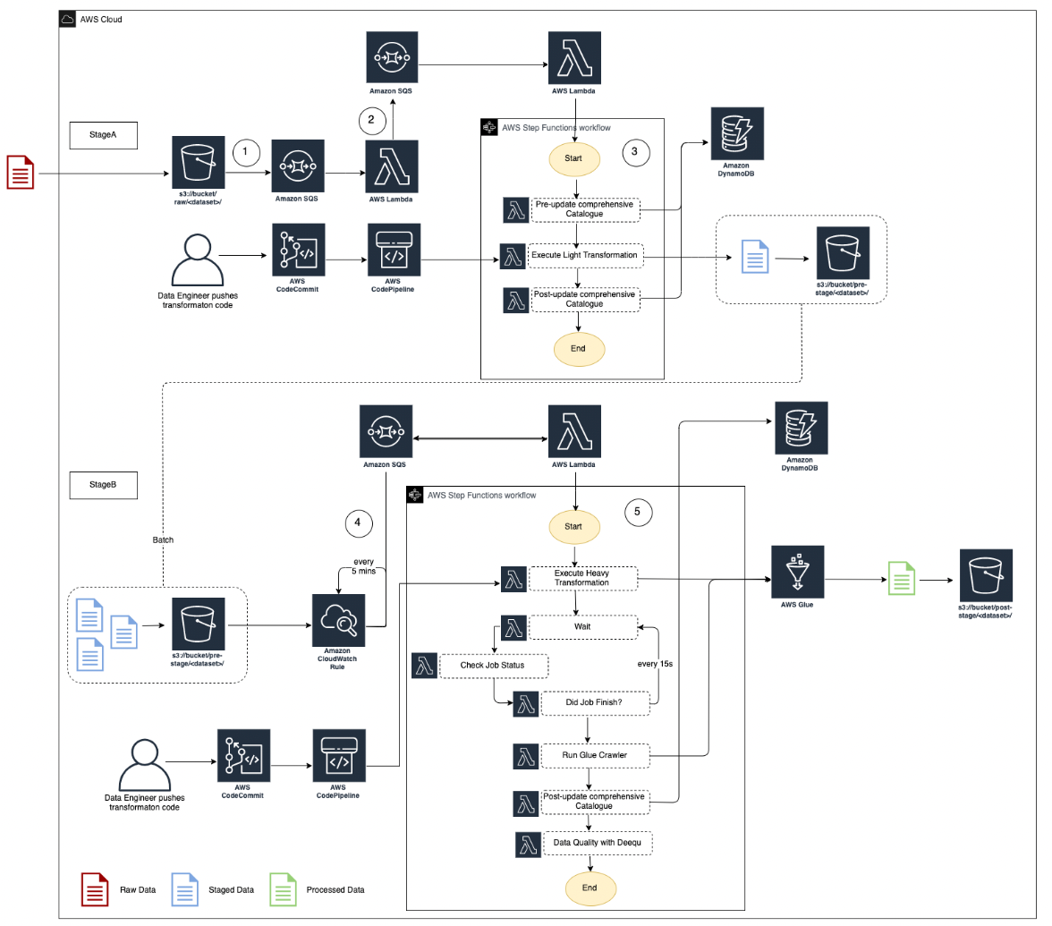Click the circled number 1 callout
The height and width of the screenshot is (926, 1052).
[x=246, y=153]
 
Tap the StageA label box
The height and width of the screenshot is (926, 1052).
[x=102, y=135]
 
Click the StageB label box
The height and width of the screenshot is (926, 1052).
[x=102, y=484]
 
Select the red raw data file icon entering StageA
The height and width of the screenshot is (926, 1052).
[x=21, y=172]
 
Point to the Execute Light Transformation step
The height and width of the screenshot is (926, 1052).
[x=585, y=255]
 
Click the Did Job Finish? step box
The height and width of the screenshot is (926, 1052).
[x=595, y=703]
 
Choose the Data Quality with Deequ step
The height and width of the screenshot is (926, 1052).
[x=597, y=843]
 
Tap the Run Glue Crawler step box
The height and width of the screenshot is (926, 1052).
[x=595, y=756]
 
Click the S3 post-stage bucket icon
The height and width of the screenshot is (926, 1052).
[x=986, y=575]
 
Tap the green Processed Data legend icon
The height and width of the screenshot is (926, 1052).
[x=284, y=889]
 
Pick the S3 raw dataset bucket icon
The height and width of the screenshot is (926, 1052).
[x=198, y=163]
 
